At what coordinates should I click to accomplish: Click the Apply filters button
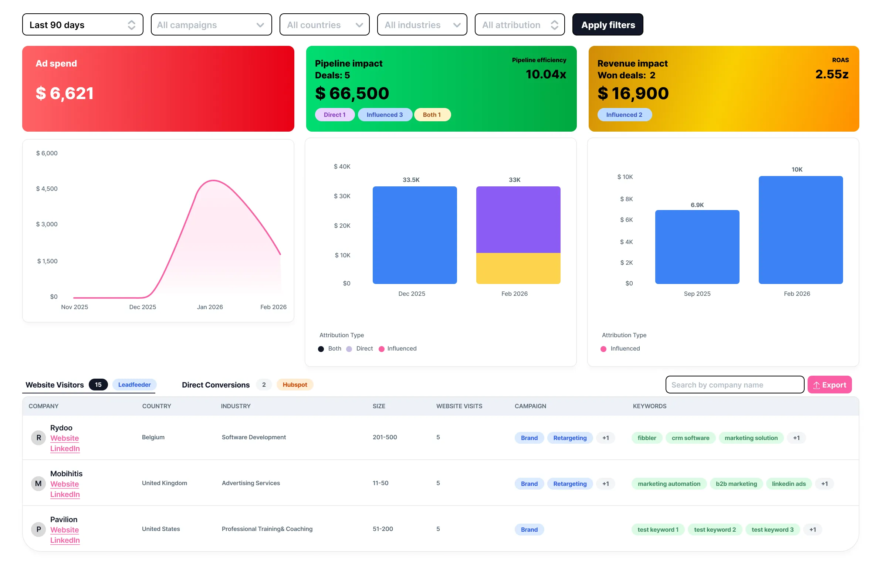coord(608,25)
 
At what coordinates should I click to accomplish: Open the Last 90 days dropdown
coord(82,25)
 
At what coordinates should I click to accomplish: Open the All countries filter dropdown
coord(324,25)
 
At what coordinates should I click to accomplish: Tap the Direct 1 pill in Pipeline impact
coord(335,115)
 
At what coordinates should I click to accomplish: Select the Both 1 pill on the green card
coord(432,115)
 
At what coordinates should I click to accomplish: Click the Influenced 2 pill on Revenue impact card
coord(624,115)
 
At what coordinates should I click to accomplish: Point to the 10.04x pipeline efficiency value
coord(546,74)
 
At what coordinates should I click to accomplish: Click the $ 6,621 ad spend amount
coord(65,93)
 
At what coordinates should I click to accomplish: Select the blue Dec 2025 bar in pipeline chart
coord(415,235)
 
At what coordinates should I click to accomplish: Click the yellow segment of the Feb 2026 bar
coord(518,268)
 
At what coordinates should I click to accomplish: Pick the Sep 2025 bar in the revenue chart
coord(697,247)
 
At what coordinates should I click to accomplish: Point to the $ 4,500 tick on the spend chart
coord(47,189)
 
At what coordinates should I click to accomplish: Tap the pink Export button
coord(829,385)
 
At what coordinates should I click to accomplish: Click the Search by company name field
coord(734,385)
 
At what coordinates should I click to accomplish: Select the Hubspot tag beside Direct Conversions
coord(295,385)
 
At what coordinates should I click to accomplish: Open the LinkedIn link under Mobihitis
coord(65,494)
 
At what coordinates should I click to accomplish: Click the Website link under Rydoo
coord(65,438)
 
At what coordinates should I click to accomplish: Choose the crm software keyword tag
coord(690,438)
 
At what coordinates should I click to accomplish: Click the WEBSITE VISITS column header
coord(459,406)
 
